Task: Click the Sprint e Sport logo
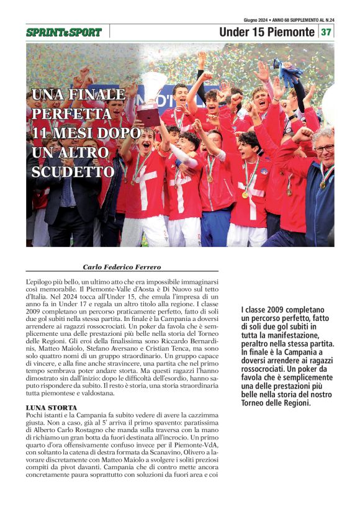coord(63,32)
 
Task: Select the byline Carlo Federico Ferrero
coord(122,267)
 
